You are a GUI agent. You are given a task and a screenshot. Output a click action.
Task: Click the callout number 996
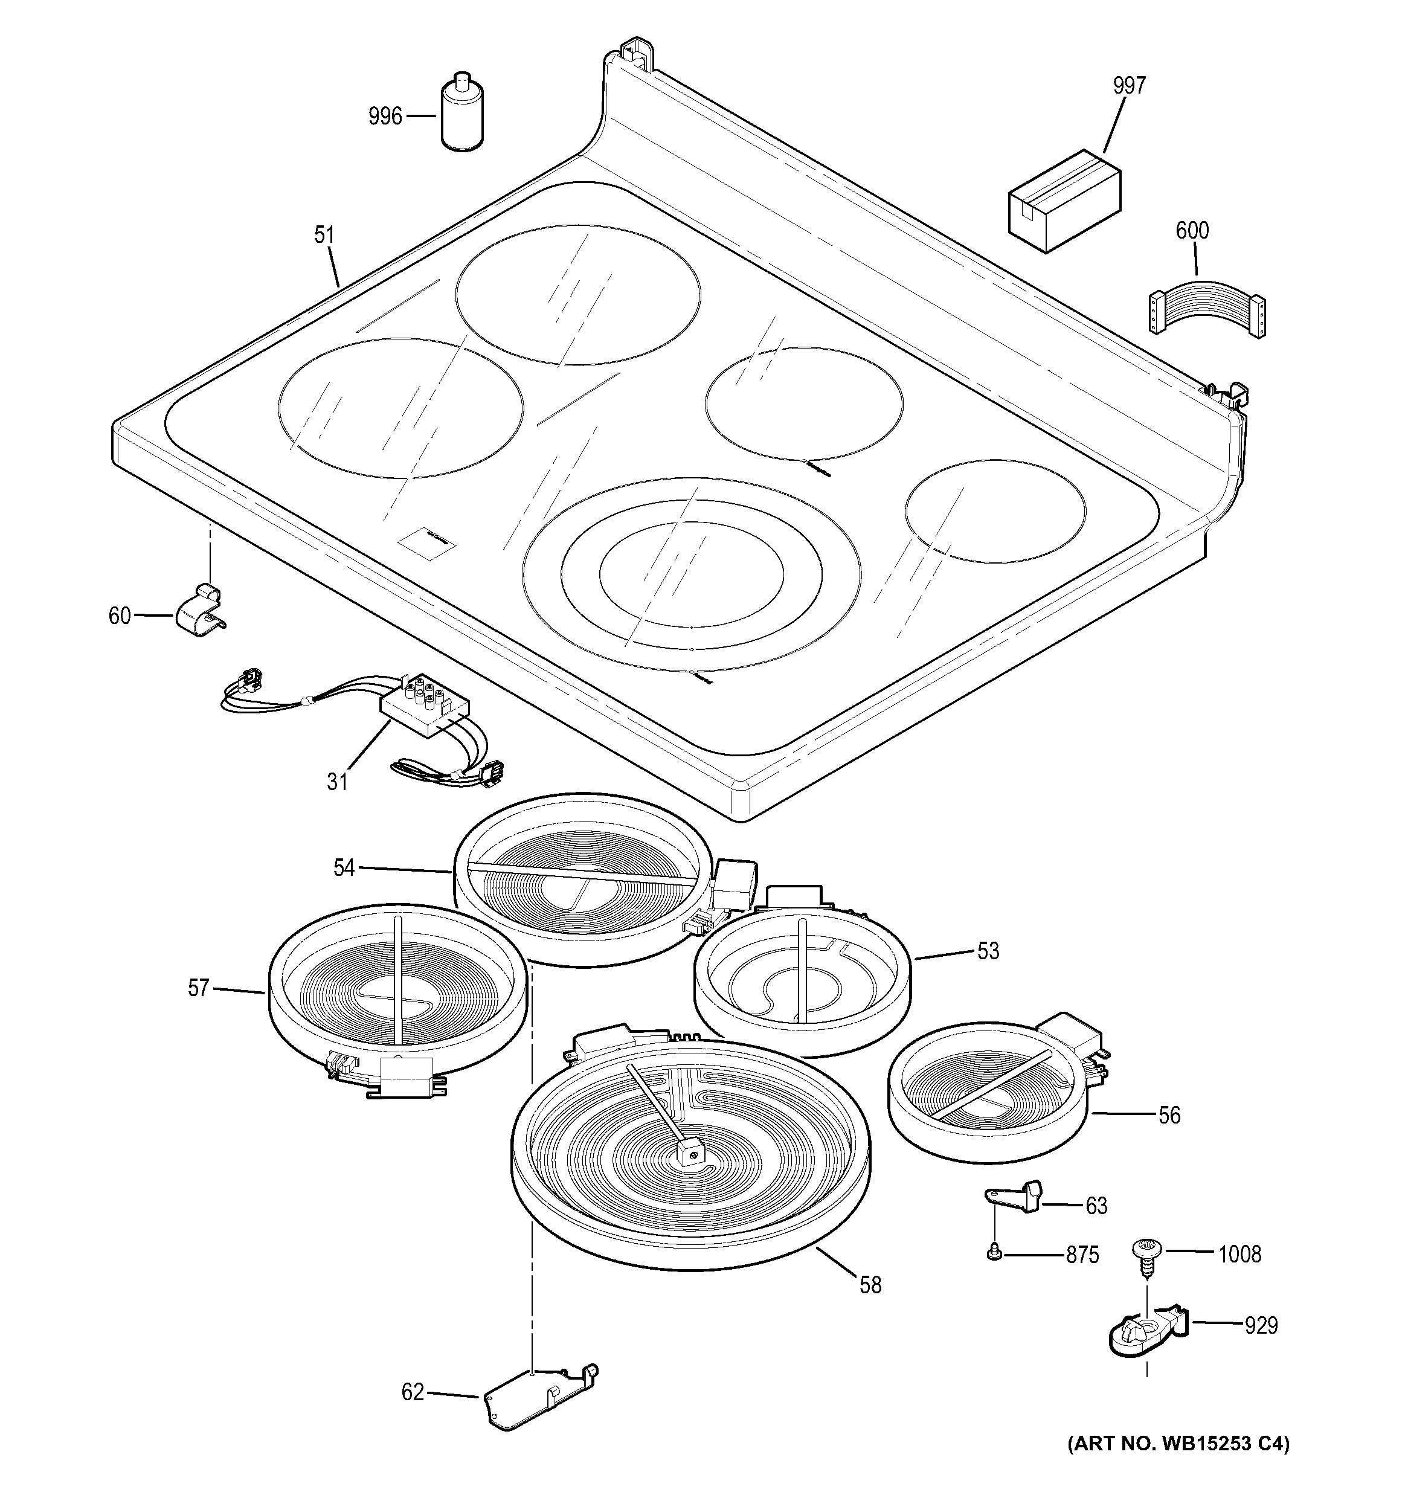pyautogui.click(x=385, y=117)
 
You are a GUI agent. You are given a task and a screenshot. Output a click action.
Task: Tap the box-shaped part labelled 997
pyautogui.click(x=1064, y=199)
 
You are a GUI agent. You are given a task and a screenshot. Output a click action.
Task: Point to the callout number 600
pyautogui.click(x=1192, y=230)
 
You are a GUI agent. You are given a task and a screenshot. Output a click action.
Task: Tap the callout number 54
pyautogui.click(x=344, y=868)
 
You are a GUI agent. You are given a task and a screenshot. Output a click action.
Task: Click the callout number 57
pyautogui.click(x=198, y=988)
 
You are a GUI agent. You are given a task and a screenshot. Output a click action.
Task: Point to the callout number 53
pyautogui.click(x=988, y=951)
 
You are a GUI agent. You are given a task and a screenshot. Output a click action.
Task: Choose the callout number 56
pyautogui.click(x=1169, y=1114)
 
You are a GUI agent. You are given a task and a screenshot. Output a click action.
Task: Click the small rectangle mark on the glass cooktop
pyautogui.click(x=427, y=541)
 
